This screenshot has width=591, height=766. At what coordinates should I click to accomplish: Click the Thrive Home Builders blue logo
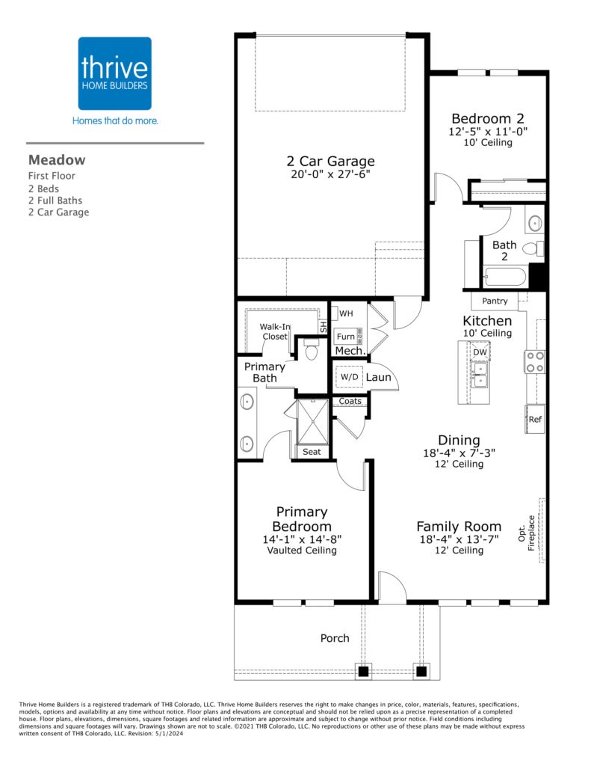pyautogui.click(x=114, y=73)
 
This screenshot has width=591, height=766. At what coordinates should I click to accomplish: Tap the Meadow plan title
pyautogui.click(x=57, y=160)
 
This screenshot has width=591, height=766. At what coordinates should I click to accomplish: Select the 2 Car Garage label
pyautogui.click(x=330, y=161)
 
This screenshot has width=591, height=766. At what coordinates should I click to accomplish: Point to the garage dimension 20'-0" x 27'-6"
pyautogui.click(x=330, y=174)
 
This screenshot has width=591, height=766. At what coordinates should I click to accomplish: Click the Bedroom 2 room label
pyautogui.click(x=488, y=118)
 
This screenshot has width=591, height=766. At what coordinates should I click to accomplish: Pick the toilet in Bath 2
pyautogui.click(x=533, y=248)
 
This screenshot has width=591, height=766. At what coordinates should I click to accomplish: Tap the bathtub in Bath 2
pyautogui.click(x=504, y=278)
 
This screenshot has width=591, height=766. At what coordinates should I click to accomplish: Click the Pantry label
pyautogui.click(x=495, y=301)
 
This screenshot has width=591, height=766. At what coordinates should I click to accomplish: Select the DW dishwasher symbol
pyautogui.click(x=480, y=352)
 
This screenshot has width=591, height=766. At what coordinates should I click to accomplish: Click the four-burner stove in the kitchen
pyautogui.click(x=534, y=362)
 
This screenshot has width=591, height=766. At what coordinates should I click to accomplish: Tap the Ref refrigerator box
pyautogui.click(x=535, y=419)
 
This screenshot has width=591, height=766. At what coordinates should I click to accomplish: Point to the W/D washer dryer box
pyautogui.click(x=349, y=377)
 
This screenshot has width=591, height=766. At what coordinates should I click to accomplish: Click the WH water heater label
pyautogui.click(x=346, y=313)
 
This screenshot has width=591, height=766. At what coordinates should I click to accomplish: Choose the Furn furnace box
pyautogui.click(x=348, y=336)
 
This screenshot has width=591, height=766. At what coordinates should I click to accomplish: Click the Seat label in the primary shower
pyautogui.click(x=312, y=452)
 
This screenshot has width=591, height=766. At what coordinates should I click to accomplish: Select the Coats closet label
pyautogui.click(x=350, y=401)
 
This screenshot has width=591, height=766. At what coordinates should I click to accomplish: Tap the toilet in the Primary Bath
pyautogui.click(x=311, y=349)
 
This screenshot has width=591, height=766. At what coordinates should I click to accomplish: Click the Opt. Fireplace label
pyautogui.click(x=527, y=533)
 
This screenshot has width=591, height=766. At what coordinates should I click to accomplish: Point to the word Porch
pyautogui.click(x=335, y=638)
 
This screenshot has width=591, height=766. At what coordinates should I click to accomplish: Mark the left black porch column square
pyautogui.click(x=363, y=671)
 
